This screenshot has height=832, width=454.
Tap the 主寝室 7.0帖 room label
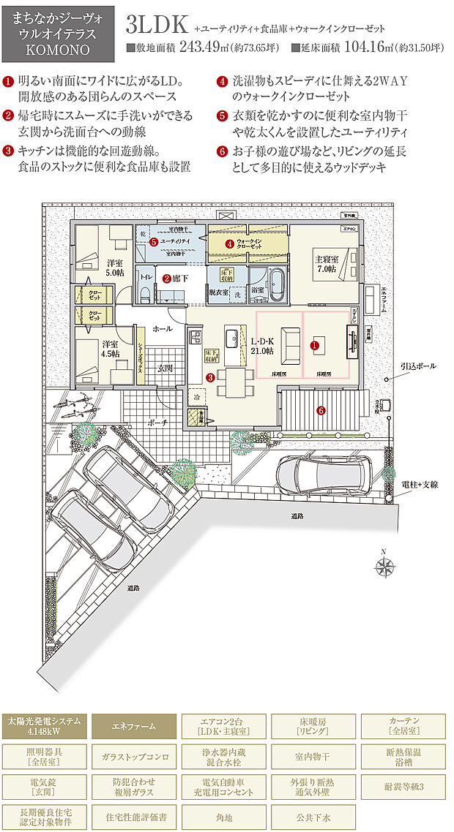point(326,264)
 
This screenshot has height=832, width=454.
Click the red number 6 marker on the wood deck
point(320,410)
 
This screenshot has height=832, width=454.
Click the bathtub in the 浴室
point(279,284)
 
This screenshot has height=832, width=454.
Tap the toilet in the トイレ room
point(145,294)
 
